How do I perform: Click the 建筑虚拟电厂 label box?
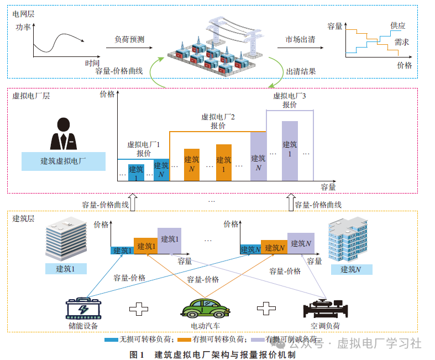tap(64, 161)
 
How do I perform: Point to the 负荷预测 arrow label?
tap(129, 39)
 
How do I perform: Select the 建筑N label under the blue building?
tap(351, 269)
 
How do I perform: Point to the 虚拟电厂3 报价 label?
tap(290, 100)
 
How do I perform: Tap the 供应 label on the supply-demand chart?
tap(397, 26)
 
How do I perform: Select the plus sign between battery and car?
tap(140, 309)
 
